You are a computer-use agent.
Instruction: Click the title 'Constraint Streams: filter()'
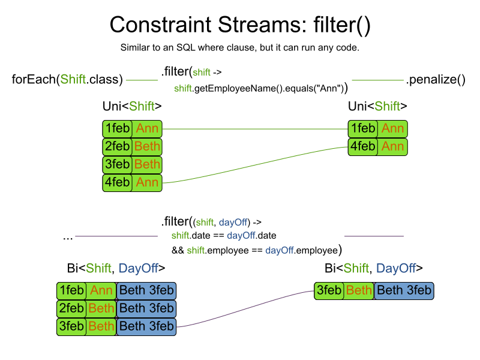coord(240,25)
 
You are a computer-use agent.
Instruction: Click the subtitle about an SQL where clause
coord(239,48)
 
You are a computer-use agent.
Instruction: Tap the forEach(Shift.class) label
coord(67,80)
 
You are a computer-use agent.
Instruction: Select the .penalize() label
coord(436,80)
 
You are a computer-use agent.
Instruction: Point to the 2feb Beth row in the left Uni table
coord(132,146)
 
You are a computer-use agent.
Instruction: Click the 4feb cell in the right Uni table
coord(363,146)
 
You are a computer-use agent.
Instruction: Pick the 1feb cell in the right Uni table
coord(363,129)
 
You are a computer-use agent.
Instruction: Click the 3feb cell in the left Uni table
coord(117,164)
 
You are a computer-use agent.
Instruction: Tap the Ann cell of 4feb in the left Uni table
coord(147,183)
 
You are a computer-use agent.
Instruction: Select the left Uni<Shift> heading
coord(132,106)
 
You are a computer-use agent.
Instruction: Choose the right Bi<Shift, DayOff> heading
coord(373,268)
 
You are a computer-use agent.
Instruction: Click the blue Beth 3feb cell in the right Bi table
coord(404,290)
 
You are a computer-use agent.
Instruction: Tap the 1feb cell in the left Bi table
coord(71,290)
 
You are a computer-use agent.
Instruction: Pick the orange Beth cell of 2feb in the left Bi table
coord(101,308)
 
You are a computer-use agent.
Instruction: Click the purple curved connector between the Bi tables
coord(245,309)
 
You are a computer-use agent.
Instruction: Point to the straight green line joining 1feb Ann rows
coord(255,129)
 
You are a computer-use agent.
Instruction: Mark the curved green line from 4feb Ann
coord(255,166)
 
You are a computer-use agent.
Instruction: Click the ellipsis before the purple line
coord(68,238)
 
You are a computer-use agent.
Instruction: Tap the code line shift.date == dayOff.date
coord(224,235)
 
